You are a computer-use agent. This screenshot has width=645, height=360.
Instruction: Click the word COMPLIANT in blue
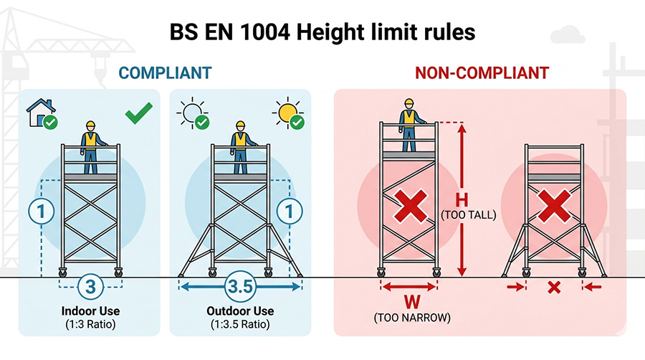pyautogui.click(x=165, y=73)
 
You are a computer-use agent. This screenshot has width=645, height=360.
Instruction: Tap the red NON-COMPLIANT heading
pyautogui.click(x=482, y=73)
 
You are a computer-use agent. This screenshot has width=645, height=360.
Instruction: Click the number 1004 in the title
pyautogui.click(x=264, y=32)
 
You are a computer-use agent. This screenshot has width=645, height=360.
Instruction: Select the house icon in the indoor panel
pyautogui.click(x=40, y=112)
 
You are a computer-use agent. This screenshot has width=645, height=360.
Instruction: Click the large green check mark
pyautogui.click(x=138, y=113)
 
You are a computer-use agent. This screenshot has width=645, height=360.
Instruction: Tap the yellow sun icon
pyautogui.click(x=287, y=113)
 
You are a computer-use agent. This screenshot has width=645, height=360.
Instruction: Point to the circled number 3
pyautogui.click(x=90, y=286)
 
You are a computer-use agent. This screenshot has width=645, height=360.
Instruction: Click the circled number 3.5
pyautogui.click(x=240, y=286)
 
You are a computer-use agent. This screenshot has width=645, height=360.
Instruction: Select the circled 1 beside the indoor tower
pyautogui.click(x=41, y=211)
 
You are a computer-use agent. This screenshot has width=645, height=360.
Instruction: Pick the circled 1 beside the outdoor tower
pyautogui.click(x=290, y=211)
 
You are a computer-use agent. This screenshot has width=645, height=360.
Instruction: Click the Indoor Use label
pyautogui.click(x=90, y=311)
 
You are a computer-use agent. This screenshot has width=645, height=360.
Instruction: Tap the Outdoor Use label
pyautogui.click(x=240, y=311)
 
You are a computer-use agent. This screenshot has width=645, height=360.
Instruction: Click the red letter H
pyautogui.click(x=462, y=200)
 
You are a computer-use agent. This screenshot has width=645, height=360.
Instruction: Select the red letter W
pyautogui.click(x=412, y=303)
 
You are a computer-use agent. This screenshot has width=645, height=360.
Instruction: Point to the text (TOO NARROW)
pyautogui.click(x=412, y=318)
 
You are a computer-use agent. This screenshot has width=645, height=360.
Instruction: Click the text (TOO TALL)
pyautogui.click(x=469, y=214)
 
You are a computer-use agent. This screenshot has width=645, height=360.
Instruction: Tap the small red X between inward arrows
pyautogui.click(x=554, y=287)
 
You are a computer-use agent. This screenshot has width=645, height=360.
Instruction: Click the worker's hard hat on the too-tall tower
pyautogui.click(x=408, y=103)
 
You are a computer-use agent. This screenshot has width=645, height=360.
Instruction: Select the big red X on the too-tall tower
pyautogui.click(x=411, y=206)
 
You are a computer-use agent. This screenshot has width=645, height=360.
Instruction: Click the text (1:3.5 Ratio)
pyautogui.click(x=240, y=324)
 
